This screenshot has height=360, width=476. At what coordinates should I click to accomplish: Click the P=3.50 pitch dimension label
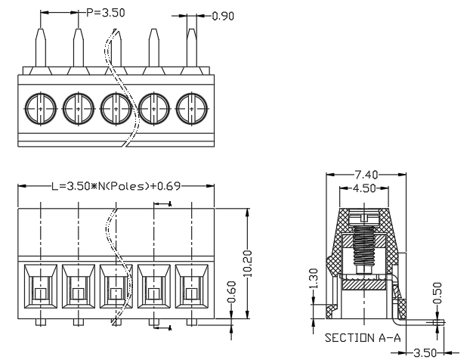105,13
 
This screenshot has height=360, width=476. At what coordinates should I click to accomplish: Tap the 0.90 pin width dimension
223,16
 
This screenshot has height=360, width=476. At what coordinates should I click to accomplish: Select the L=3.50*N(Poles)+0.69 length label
116,186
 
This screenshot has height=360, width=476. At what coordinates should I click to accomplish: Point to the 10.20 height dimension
248,263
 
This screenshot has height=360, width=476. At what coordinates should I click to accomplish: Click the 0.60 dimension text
232,292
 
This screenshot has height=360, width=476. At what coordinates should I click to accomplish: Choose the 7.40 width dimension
366,175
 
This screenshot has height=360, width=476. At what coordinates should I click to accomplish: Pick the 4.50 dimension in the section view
364,188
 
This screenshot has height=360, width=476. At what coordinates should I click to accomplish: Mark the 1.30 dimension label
314,278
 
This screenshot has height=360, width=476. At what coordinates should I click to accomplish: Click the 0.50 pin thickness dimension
437,293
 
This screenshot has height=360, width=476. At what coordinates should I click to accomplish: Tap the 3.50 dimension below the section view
425,353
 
